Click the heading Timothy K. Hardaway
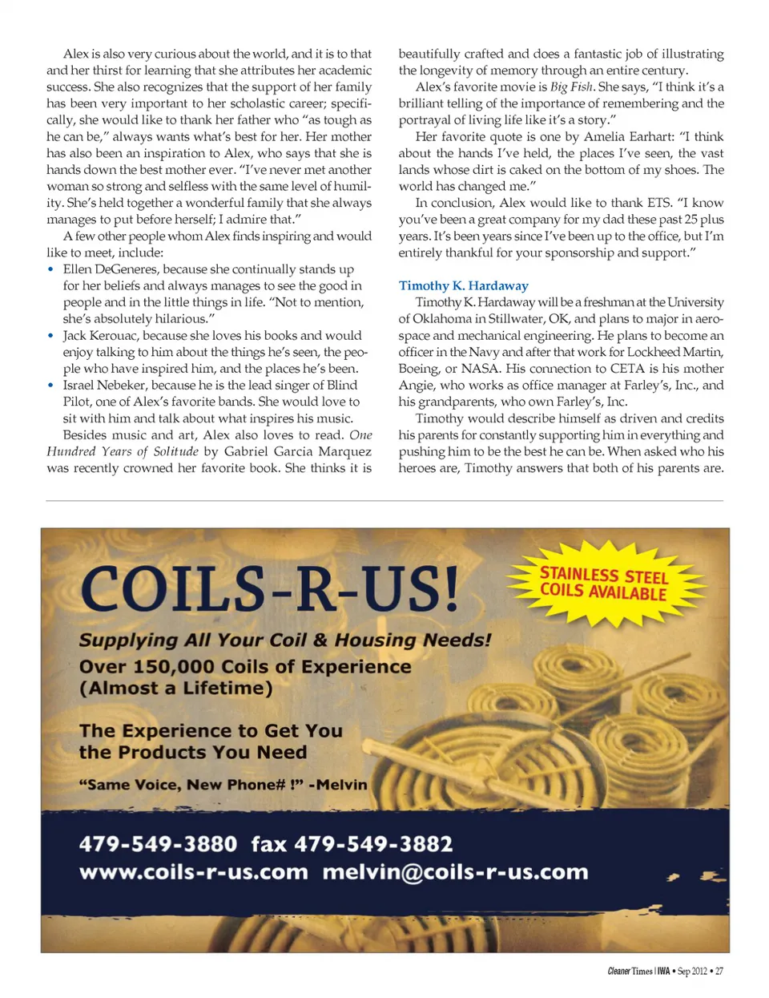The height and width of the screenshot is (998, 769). tap(463, 285)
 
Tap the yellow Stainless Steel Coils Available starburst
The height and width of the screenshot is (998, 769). tap(603, 583)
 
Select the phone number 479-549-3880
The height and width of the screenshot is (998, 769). tap(158, 844)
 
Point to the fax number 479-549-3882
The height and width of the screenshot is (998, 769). tap(373, 844)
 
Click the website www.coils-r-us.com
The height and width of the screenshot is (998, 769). tap(193, 872)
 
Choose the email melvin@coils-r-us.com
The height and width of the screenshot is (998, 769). tap(455, 872)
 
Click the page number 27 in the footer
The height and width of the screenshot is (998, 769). tap(719, 971)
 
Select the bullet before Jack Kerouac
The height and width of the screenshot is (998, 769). tap(50, 336)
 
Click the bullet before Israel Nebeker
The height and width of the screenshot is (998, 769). tap(50, 386)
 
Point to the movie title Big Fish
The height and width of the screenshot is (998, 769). tap(572, 87)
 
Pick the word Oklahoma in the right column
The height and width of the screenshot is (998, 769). tap(442, 319)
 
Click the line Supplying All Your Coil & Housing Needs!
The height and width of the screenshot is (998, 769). tap(284, 640)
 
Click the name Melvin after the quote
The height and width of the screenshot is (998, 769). tap(341, 785)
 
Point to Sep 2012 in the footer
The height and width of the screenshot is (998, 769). tap(692, 971)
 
